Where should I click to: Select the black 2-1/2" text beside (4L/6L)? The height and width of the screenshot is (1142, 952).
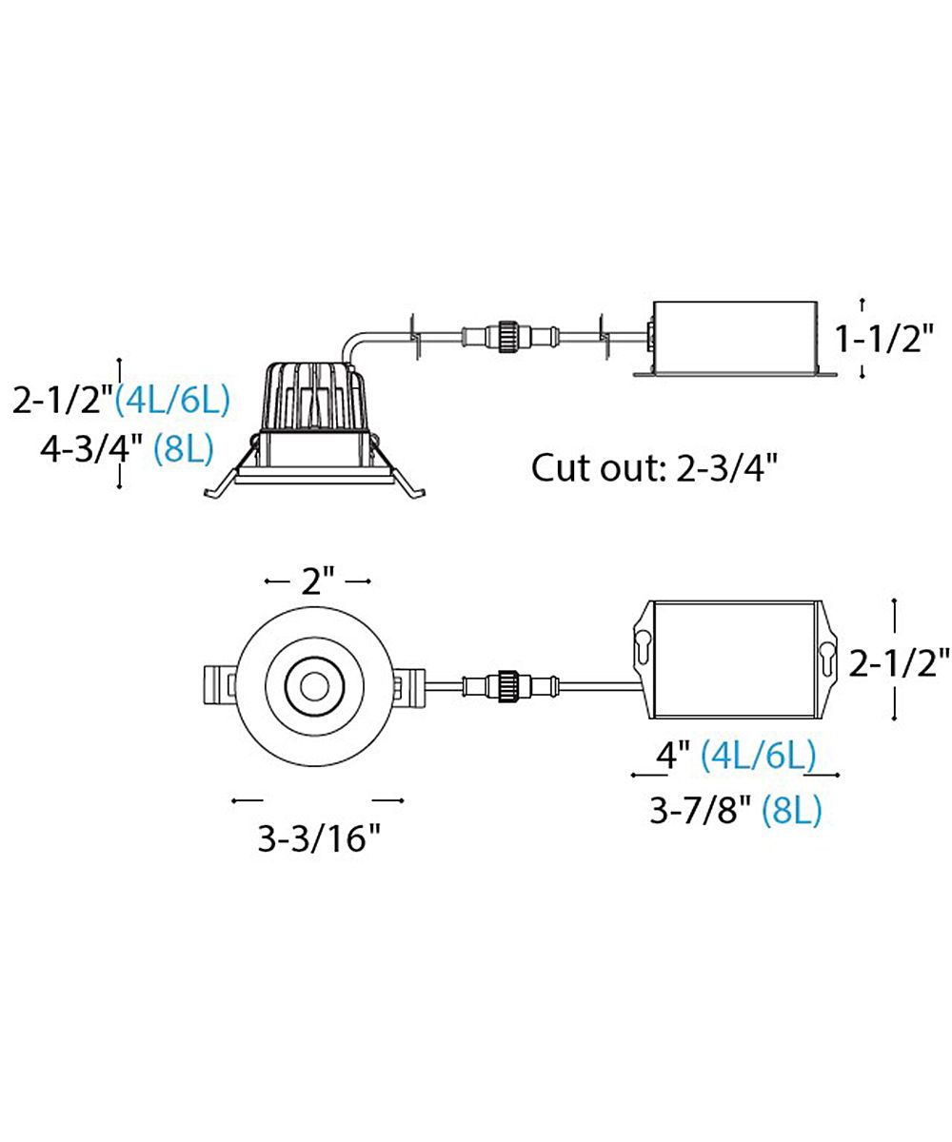pyautogui.click(x=63, y=401)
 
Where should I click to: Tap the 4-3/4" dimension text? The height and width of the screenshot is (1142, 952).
pyautogui.click(x=90, y=451)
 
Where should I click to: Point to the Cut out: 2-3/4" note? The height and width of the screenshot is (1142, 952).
pyautogui.click(x=654, y=467)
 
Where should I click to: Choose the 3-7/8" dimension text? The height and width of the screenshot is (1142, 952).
pyautogui.click(x=699, y=810)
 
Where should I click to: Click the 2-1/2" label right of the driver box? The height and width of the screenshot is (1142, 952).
pyautogui.click(x=900, y=663)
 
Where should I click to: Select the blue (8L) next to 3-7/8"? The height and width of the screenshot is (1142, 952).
pyautogui.click(x=792, y=810)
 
